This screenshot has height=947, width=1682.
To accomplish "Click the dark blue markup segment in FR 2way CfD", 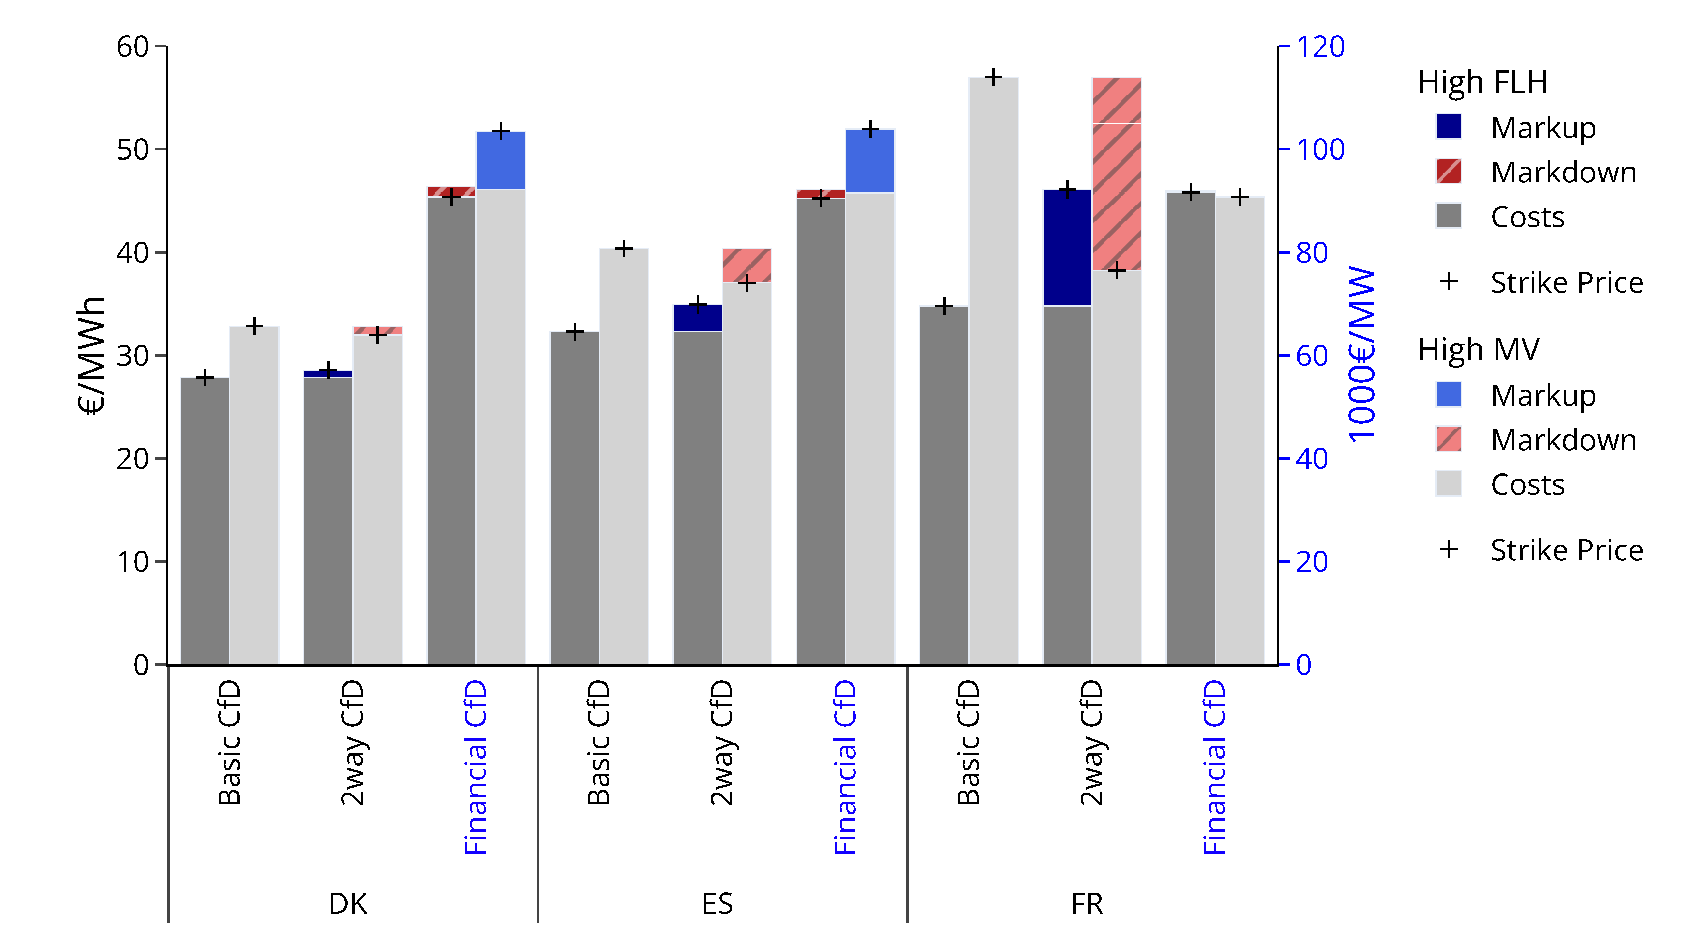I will point(1067,248).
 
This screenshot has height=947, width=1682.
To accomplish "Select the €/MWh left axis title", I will point(92,356).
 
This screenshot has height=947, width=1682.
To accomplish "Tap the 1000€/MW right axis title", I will point(1361,356).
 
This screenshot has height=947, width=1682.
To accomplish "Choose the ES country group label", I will point(717,904).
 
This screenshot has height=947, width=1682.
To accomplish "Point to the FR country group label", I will point(1087,904).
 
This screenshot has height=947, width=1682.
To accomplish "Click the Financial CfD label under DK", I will point(475,767).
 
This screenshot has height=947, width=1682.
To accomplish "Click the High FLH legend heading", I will point(1482,82).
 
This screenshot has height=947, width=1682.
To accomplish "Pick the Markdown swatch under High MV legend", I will point(1448,439).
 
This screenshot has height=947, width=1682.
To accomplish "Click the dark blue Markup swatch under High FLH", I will point(1448,127).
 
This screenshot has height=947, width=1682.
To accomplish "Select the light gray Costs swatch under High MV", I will point(1448,484).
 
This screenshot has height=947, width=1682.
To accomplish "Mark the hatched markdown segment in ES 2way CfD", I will point(747,265).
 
